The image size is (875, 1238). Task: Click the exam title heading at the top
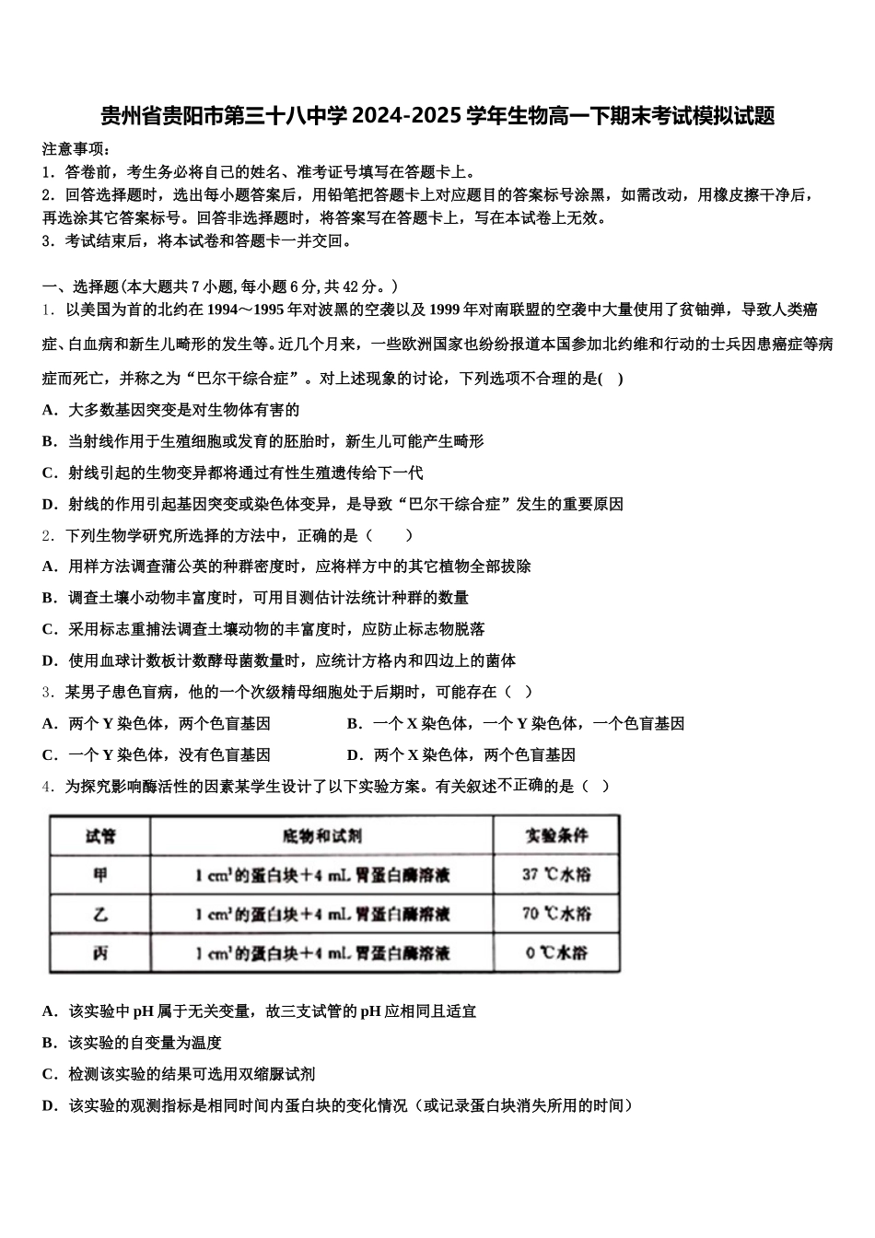[437, 116]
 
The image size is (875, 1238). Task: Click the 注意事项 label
[77, 148]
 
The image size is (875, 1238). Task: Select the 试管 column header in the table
[100, 836]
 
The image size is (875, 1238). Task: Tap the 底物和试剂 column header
[321, 836]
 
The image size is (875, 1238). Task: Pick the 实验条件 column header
[556, 836]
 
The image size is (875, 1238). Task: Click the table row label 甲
[100, 875]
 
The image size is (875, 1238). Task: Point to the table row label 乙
[100, 915]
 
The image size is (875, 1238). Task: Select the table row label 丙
[100, 953]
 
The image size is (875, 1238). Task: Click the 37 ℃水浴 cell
[556, 875]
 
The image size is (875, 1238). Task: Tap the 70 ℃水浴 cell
[556, 915]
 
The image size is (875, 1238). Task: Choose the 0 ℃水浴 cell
[556, 953]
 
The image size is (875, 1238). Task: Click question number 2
[48, 535]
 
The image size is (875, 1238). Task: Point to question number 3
[48, 692]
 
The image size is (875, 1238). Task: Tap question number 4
[48, 786]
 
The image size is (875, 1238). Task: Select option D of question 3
[461, 754]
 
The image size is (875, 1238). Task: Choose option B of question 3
[516, 723]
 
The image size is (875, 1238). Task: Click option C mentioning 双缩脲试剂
[179, 1074]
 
